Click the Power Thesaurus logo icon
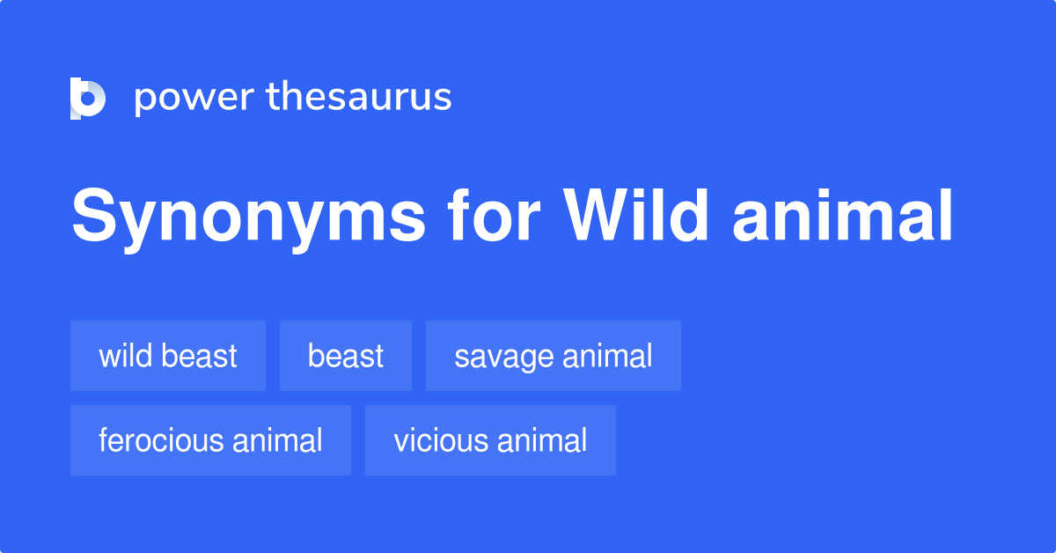[x=88, y=98]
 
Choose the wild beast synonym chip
[x=168, y=356]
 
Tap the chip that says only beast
[x=346, y=356]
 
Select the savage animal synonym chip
[x=554, y=356]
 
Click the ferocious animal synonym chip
[x=210, y=440]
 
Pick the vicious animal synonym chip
[x=490, y=440]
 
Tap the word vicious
[x=432, y=440]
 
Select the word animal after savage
[x=607, y=356]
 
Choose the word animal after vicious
[x=543, y=440]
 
